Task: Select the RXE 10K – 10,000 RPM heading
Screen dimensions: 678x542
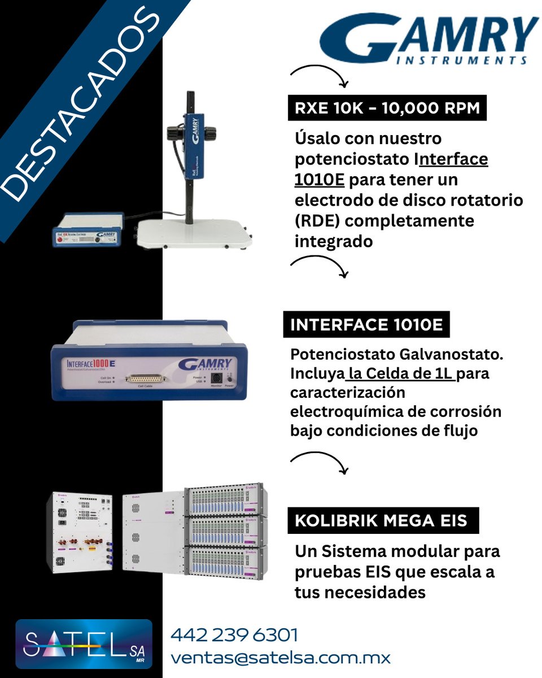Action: (x=387, y=108)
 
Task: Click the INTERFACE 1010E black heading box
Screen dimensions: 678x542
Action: (x=366, y=326)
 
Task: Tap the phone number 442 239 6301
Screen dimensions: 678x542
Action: (x=234, y=635)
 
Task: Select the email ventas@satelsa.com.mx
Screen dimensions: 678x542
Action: (x=281, y=658)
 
